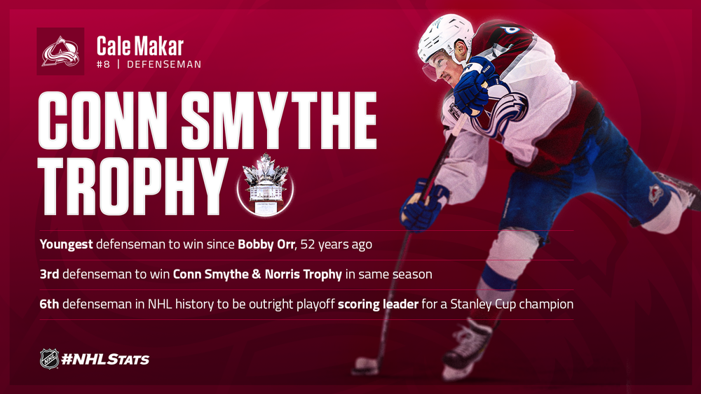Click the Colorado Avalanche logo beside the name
coord(60,51)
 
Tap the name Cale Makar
coord(140,46)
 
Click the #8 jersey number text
coord(103,64)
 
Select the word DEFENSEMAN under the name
coord(163,64)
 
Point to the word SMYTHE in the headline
coord(279,120)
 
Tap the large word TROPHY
coord(132,187)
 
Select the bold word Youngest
coord(66,244)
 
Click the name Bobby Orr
coord(266,244)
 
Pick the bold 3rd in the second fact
coord(49,274)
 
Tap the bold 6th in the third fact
coord(49,304)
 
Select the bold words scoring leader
coord(379,304)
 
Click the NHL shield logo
coord(49,359)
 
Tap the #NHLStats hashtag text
coord(106,360)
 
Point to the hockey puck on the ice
coord(365,365)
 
